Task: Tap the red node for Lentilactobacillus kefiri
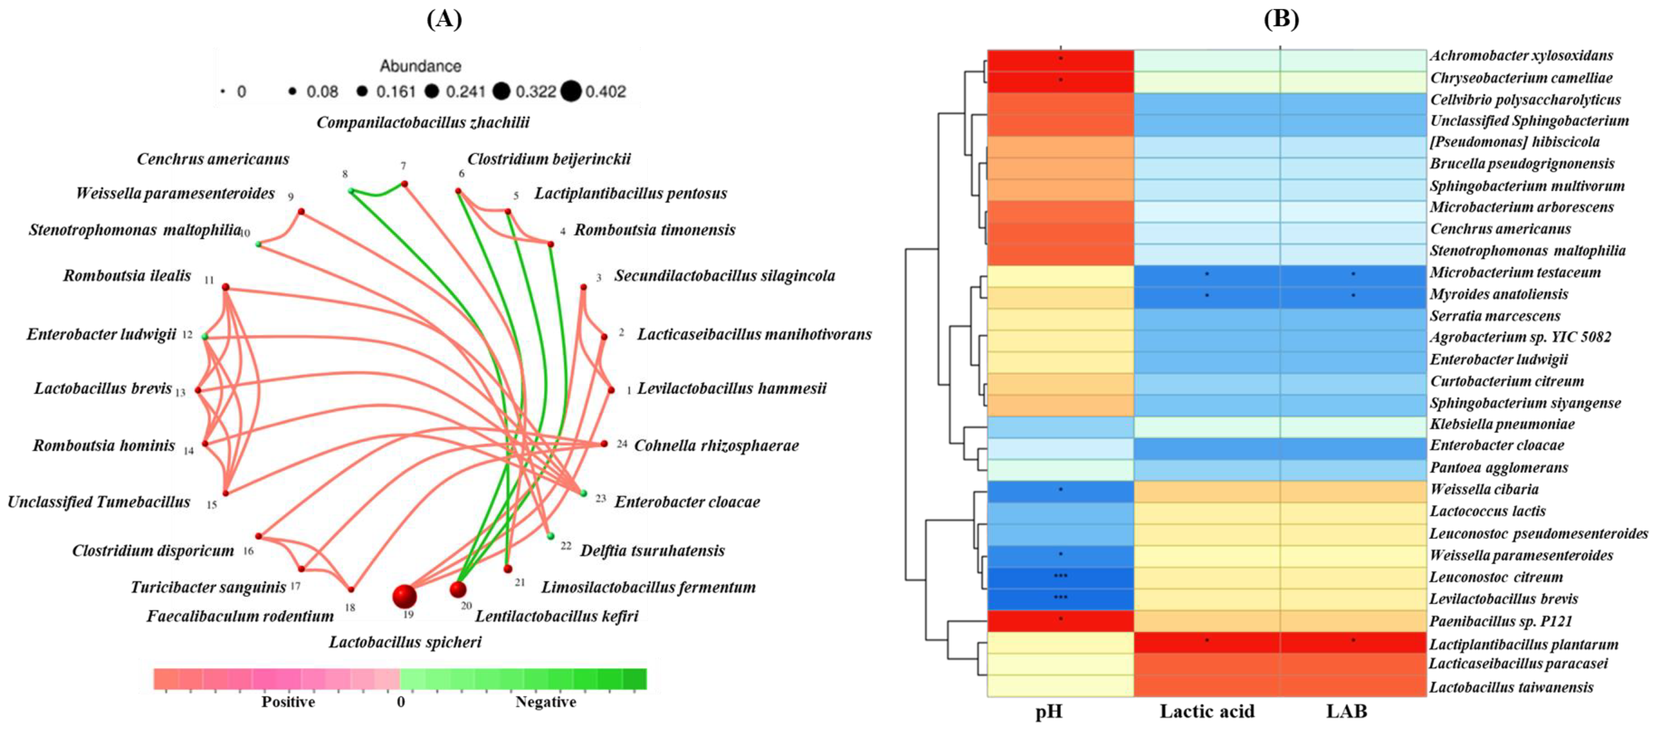pyautogui.click(x=458, y=589)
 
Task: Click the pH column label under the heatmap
pyautogui.click(x=1049, y=711)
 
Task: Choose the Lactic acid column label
pyautogui.click(x=1207, y=711)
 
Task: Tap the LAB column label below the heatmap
pyautogui.click(x=1346, y=711)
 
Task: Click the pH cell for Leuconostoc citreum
pyautogui.click(x=1060, y=577)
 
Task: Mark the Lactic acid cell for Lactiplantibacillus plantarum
pyautogui.click(x=1207, y=642)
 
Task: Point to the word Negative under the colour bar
pyautogui.click(x=546, y=702)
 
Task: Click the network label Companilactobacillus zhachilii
pyautogui.click(x=423, y=122)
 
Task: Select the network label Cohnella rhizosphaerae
pyautogui.click(x=716, y=446)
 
